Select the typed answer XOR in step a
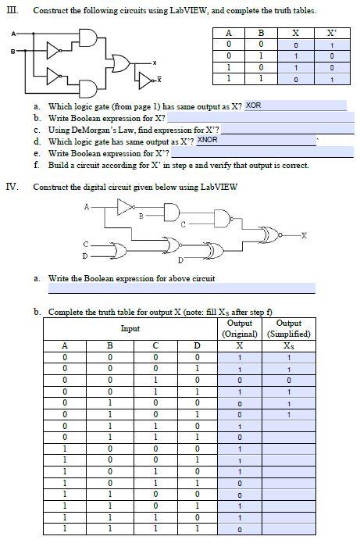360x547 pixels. tap(253, 105)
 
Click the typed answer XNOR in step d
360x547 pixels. tap(207, 139)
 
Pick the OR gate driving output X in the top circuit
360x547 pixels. tap(123, 61)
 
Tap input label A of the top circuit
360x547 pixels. tap(12, 34)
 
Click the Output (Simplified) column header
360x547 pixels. tap(289, 328)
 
